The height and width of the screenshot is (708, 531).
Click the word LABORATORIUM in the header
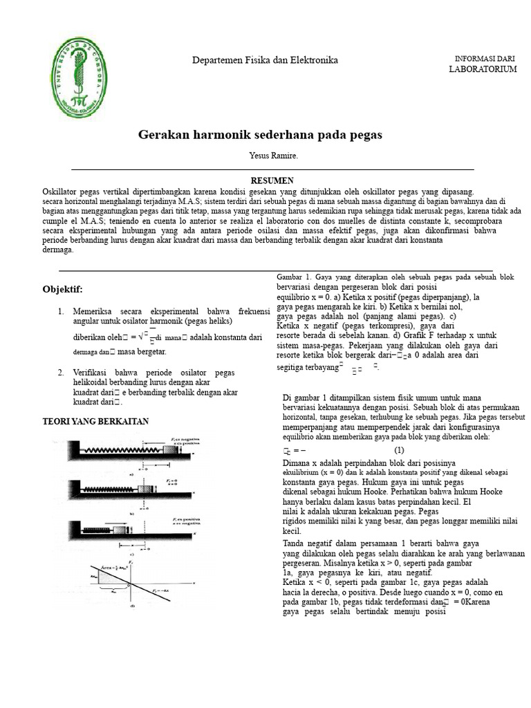tap(483, 69)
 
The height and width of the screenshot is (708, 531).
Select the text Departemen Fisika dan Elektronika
tap(265, 60)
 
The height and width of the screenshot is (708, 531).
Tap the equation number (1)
tap(400, 449)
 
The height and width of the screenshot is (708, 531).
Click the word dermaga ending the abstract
tap(58, 250)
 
